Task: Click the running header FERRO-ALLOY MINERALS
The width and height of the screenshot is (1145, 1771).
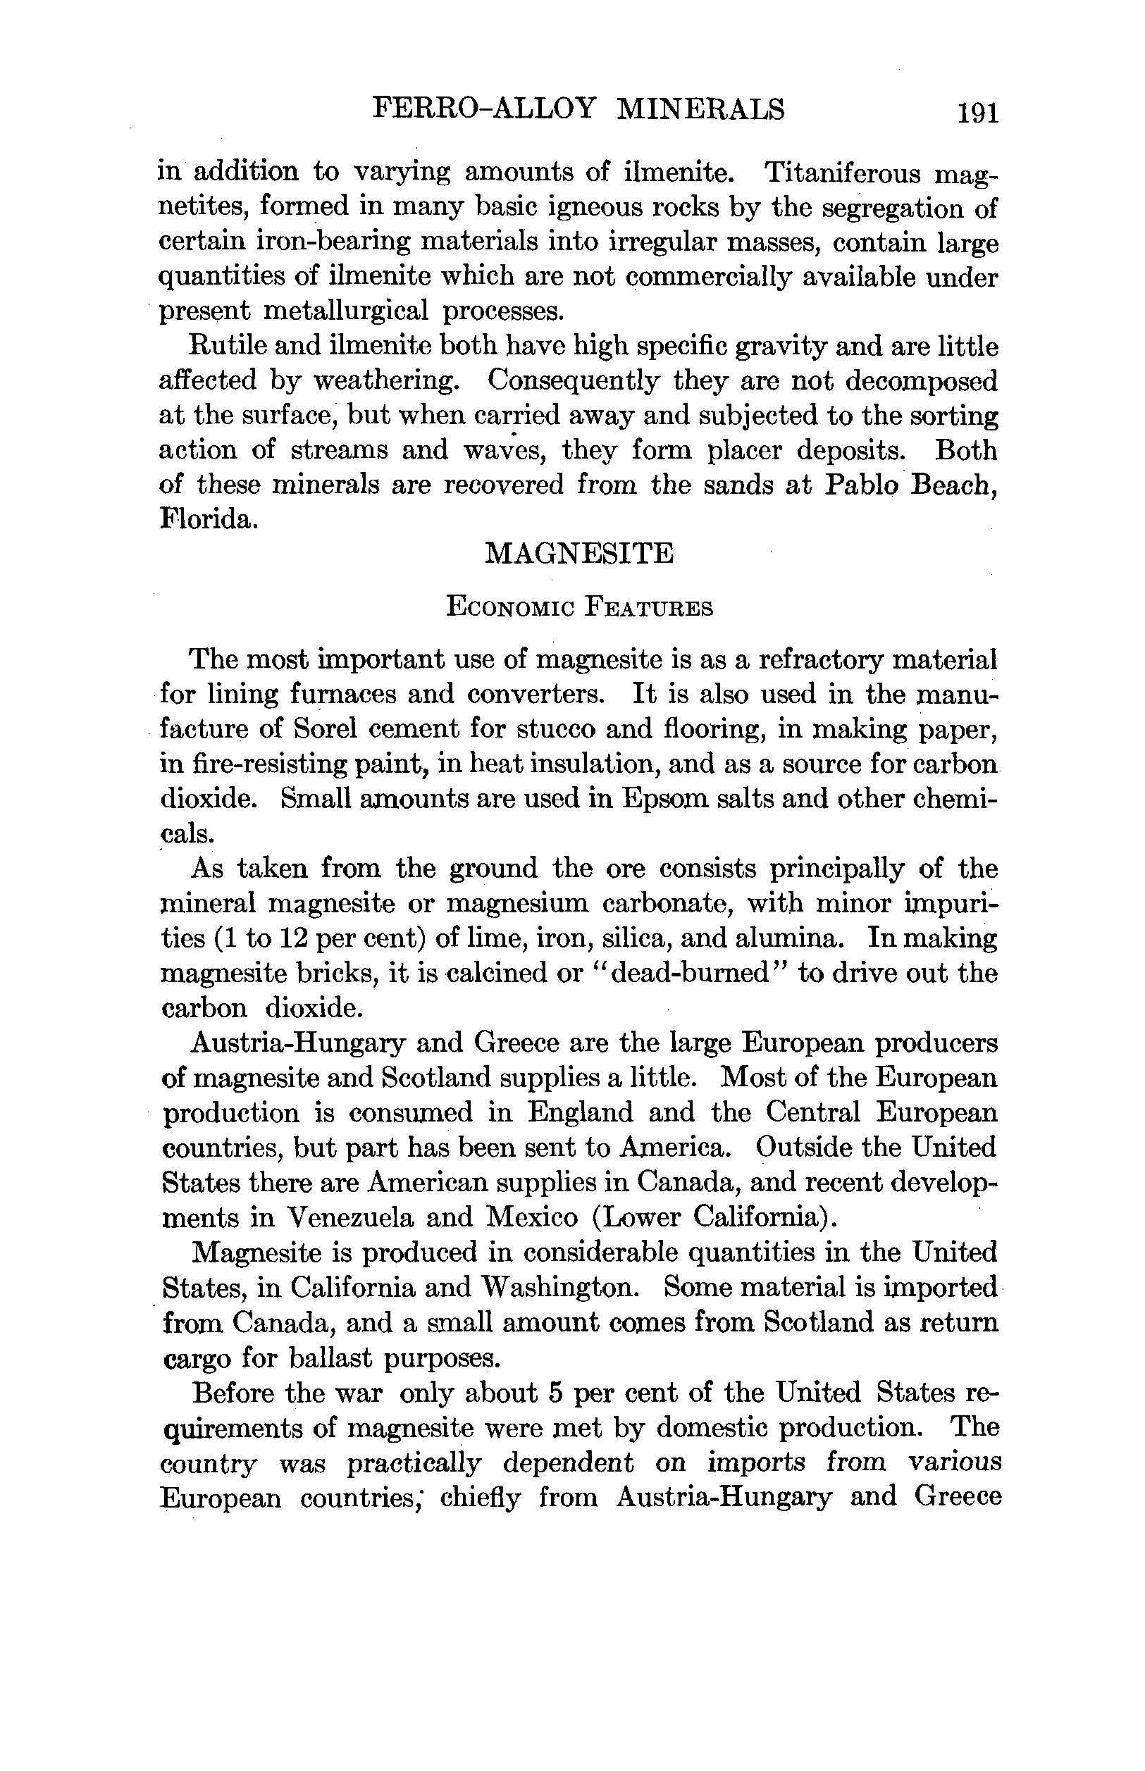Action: [578, 109]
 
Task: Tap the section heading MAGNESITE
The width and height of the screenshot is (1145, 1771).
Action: [579, 554]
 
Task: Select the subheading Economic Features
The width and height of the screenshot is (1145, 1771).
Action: [579, 608]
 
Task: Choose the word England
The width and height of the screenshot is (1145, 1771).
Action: [581, 1112]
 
